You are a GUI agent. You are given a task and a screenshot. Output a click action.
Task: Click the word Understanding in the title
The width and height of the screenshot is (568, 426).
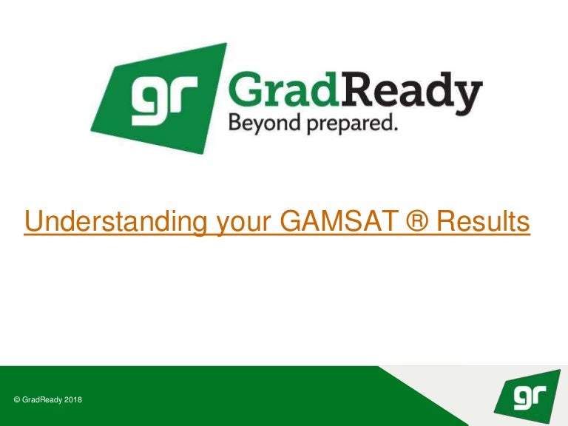(x=115, y=222)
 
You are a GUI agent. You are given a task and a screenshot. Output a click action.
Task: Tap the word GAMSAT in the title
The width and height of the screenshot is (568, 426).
(x=337, y=221)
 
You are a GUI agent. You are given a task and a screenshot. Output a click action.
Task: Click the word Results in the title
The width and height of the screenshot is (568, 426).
(x=483, y=221)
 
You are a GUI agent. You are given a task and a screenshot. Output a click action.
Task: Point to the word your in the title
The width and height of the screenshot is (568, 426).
(x=244, y=224)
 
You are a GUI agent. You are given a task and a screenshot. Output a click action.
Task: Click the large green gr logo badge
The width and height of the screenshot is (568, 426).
(x=159, y=98)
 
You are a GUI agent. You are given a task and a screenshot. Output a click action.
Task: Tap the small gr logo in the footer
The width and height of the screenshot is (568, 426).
(x=527, y=396)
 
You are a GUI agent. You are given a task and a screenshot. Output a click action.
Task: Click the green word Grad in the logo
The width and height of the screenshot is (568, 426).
(x=283, y=89)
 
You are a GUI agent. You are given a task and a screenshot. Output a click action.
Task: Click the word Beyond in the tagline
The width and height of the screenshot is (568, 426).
(x=265, y=124)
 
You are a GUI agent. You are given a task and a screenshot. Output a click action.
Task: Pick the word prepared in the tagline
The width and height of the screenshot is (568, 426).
(x=347, y=124)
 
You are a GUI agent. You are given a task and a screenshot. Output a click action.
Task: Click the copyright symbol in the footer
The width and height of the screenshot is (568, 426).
(x=17, y=400)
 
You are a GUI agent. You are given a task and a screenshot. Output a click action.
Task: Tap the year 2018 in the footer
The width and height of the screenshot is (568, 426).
(x=73, y=400)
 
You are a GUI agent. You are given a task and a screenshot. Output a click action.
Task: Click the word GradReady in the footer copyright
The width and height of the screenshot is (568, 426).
(x=42, y=400)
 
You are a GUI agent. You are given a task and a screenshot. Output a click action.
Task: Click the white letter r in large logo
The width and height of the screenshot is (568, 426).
(x=183, y=94)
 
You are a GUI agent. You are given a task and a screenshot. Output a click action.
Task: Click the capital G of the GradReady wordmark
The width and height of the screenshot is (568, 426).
(x=246, y=89)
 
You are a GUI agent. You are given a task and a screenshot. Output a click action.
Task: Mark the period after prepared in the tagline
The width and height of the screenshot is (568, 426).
(x=394, y=128)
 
